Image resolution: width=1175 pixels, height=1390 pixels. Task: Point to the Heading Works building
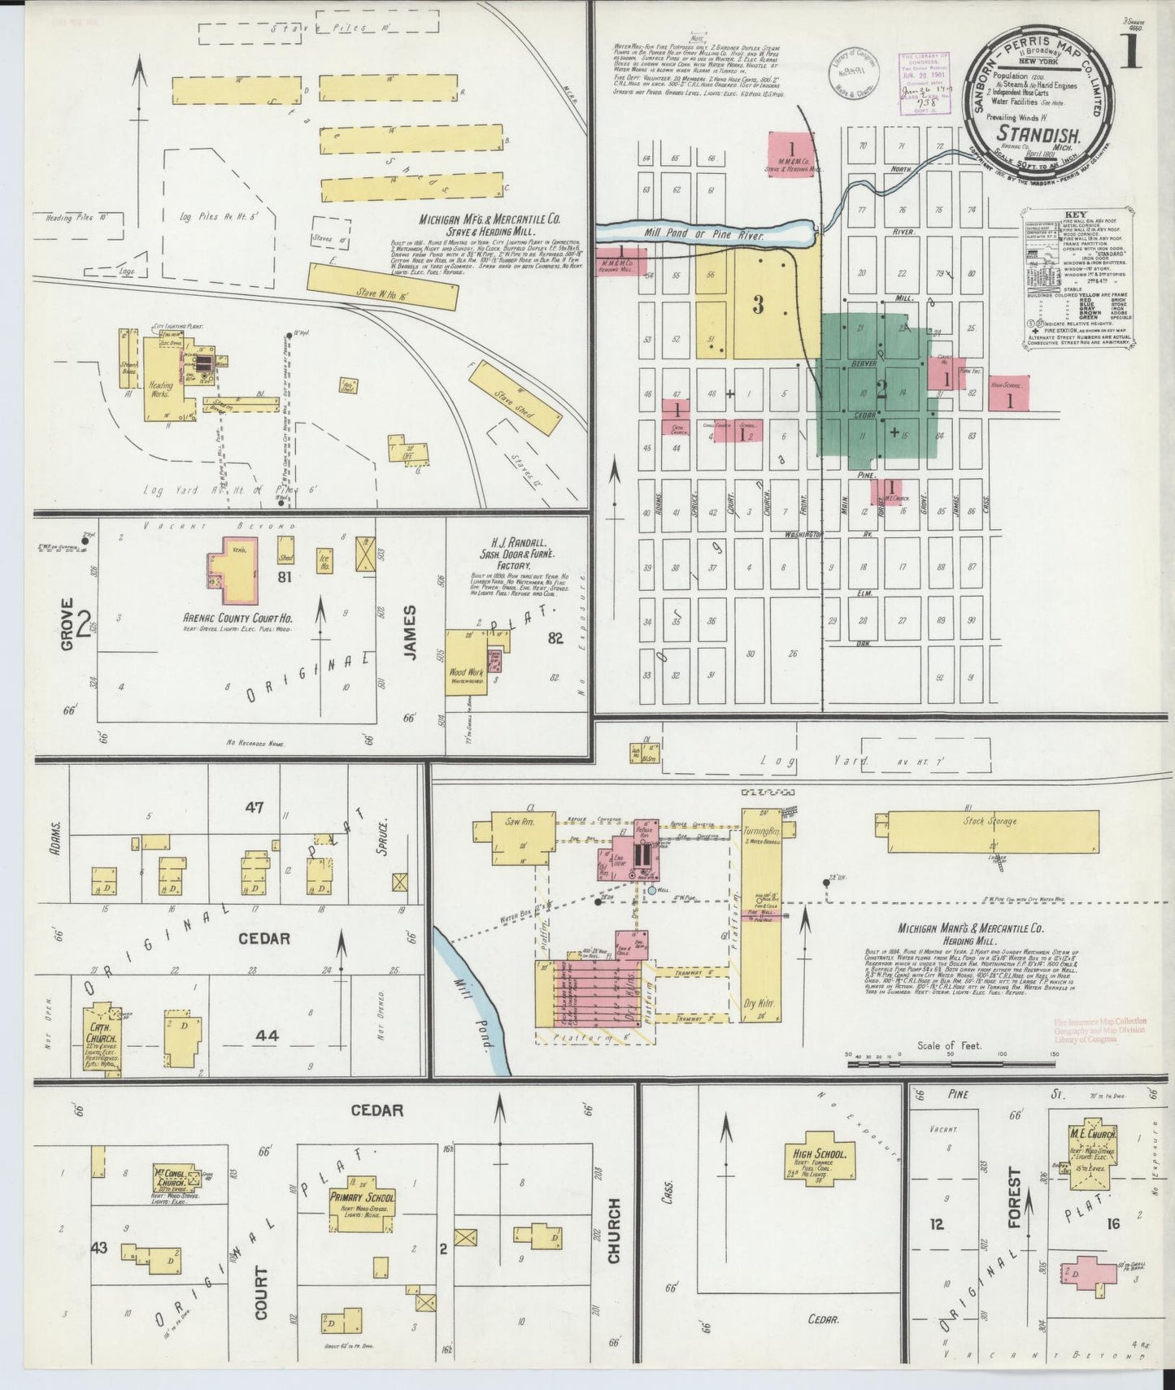point(162,383)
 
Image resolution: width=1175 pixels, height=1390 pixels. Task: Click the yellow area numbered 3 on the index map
point(759,304)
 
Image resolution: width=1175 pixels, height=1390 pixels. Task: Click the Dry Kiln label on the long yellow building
point(760,1003)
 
